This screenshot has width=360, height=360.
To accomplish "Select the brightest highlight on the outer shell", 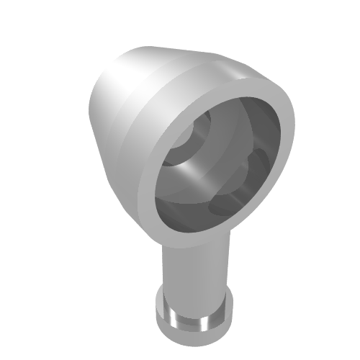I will click(115, 94).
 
